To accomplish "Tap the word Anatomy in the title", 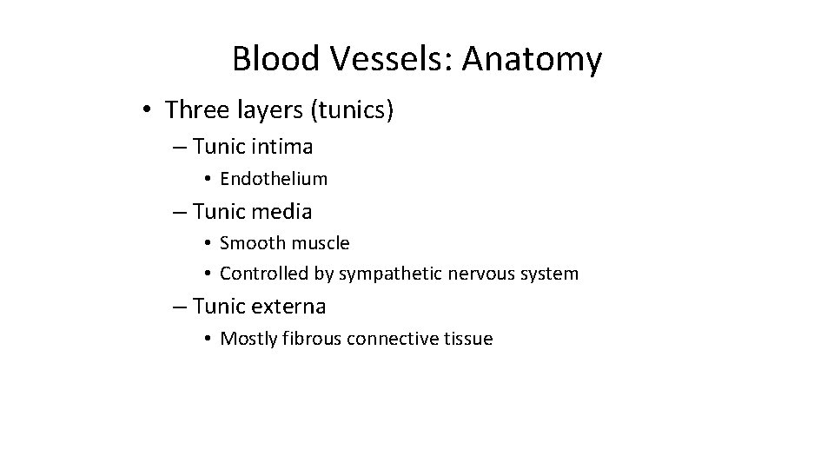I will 532,59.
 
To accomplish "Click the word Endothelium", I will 274,179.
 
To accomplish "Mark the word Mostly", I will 248,339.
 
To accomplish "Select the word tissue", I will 468,338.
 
